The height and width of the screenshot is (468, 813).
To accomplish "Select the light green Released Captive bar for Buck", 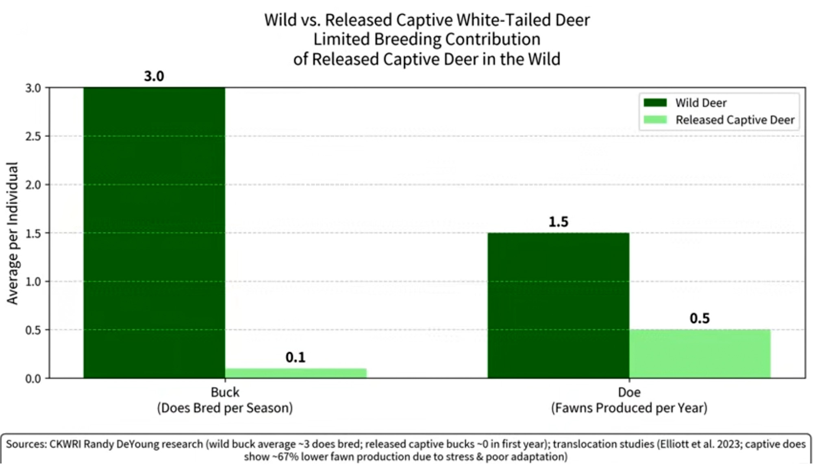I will (x=296, y=373).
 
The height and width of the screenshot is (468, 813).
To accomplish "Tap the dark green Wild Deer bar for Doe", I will (x=558, y=305).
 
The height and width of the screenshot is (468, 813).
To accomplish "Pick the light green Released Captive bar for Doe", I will (x=700, y=354).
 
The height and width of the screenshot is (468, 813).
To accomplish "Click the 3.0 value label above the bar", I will (x=154, y=76).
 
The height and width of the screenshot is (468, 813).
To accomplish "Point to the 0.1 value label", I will (x=296, y=357).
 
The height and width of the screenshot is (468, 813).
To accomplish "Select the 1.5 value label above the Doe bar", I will (x=558, y=222).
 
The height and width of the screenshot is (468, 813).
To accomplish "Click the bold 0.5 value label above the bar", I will (x=700, y=318).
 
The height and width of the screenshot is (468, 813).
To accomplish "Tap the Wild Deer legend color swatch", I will (x=655, y=103).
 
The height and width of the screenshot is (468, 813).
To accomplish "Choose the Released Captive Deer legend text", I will (x=735, y=120).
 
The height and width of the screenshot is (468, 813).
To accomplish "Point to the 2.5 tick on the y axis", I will (x=33, y=136).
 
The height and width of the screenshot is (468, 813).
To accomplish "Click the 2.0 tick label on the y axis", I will (x=33, y=185).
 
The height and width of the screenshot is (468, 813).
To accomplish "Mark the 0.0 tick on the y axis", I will (x=33, y=379).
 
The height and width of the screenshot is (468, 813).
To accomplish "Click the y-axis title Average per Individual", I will (x=13, y=233).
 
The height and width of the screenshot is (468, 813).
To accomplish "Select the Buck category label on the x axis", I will (x=225, y=392).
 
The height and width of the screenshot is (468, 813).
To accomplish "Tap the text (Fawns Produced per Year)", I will (x=629, y=408).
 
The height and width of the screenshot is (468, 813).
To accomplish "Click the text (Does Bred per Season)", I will (x=225, y=408).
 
